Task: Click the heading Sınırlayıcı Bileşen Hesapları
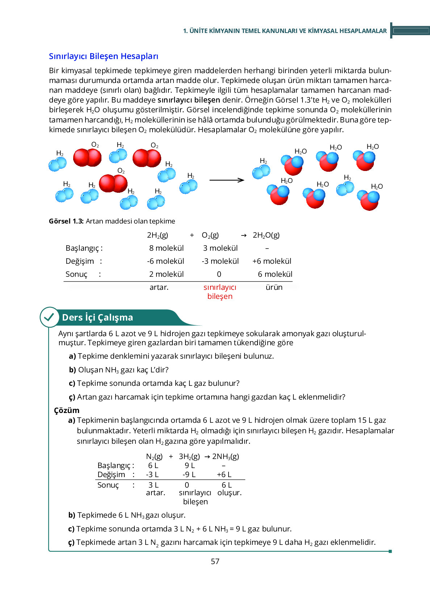click(x=103, y=56)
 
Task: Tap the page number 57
click(x=215, y=561)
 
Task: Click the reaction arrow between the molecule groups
click(x=227, y=180)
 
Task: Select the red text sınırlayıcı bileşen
click(x=220, y=292)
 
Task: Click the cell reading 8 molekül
click(x=166, y=248)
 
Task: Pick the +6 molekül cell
click(x=272, y=261)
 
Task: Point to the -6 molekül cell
click(x=166, y=261)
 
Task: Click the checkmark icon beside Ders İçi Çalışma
click(x=49, y=317)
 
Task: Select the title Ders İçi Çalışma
click(x=97, y=317)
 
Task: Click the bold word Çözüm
click(x=67, y=410)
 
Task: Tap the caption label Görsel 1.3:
click(x=66, y=221)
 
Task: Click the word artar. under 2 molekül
click(x=159, y=287)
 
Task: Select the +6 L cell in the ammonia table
click(x=224, y=475)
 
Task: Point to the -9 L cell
click(x=189, y=475)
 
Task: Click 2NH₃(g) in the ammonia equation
click(x=226, y=456)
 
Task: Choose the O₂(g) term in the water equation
click(x=210, y=235)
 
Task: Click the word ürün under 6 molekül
click(x=274, y=287)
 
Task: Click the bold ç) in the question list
click(x=72, y=397)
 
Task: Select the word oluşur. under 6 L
click(x=229, y=493)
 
